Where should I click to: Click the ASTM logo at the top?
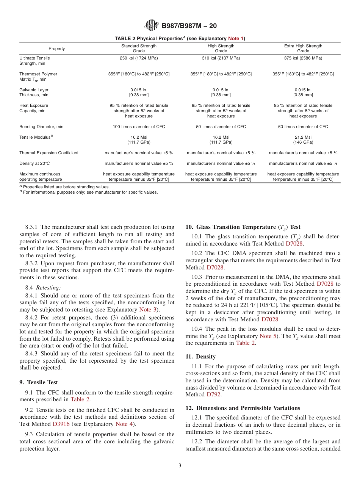(152, 26)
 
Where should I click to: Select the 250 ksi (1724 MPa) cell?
(139, 58)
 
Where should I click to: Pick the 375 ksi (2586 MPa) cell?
(303, 58)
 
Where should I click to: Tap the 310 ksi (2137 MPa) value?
(221, 58)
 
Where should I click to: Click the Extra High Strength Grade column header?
(303, 48)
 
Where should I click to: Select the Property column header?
(56, 49)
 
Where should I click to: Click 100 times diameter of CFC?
(139, 127)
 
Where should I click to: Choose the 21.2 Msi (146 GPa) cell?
(303, 139)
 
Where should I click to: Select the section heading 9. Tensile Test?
(39, 382)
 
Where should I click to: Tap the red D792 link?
(213, 394)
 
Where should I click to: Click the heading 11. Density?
(200, 357)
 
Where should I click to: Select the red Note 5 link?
(268, 336)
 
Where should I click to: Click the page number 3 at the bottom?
(180, 466)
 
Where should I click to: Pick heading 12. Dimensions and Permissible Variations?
(243, 408)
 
